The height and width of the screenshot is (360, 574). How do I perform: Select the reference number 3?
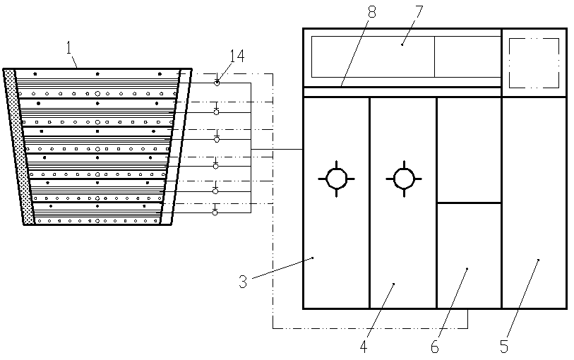[x=242, y=282]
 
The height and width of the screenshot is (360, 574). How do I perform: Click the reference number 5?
[x=504, y=346]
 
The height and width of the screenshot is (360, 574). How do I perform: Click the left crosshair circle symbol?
[x=336, y=179]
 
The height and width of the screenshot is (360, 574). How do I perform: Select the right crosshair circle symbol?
[x=403, y=179]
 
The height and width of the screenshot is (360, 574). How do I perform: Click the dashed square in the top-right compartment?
[x=534, y=63]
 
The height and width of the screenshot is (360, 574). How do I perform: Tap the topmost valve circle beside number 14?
[x=217, y=83]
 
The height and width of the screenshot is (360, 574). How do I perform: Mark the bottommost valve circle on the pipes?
[x=215, y=212]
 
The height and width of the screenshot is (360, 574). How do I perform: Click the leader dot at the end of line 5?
[x=539, y=260]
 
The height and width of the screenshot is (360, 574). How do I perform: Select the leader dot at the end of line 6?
[x=467, y=268]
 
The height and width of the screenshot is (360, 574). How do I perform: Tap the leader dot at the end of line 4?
[x=393, y=284]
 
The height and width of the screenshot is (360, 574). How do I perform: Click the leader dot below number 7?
[x=402, y=44]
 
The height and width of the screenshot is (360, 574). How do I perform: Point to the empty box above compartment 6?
[x=469, y=150]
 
